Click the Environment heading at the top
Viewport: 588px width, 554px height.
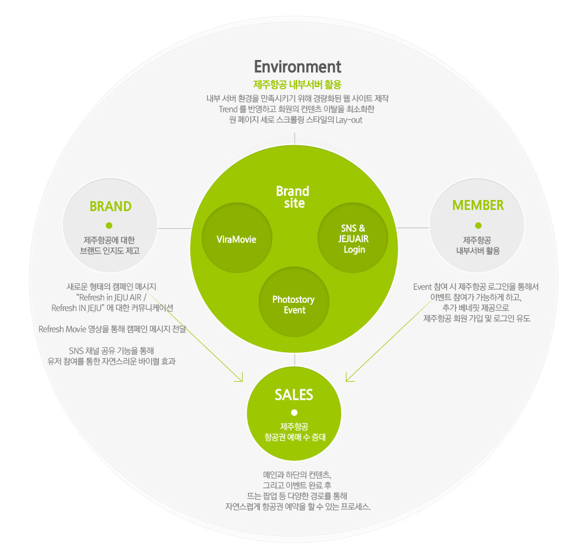click(x=297, y=66)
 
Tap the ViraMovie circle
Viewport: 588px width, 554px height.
click(x=236, y=239)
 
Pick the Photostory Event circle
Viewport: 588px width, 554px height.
click(x=293, y=304)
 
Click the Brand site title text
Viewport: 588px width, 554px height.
click(x=292, y=197)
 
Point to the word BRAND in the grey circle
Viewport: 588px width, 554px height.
click(x=110, y=206)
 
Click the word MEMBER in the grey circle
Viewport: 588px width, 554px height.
click(x=477, y=205)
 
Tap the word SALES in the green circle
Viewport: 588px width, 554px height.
click(x=293, y=395)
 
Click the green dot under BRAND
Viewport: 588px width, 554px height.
click(x=109, y=225)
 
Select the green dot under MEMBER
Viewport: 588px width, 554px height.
click(x=478, y=225)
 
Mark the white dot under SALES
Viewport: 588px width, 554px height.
click(x=294, y=412)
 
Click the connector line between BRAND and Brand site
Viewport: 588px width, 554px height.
click(x=174, y=228)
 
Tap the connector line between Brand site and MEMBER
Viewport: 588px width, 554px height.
click(x=413, y=228)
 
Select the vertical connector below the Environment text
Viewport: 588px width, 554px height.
click(x=294, y=138)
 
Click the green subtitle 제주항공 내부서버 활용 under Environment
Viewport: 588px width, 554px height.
click(x=297, y=84)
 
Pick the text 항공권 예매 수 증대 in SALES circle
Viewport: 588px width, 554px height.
click(x=294, y=438)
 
